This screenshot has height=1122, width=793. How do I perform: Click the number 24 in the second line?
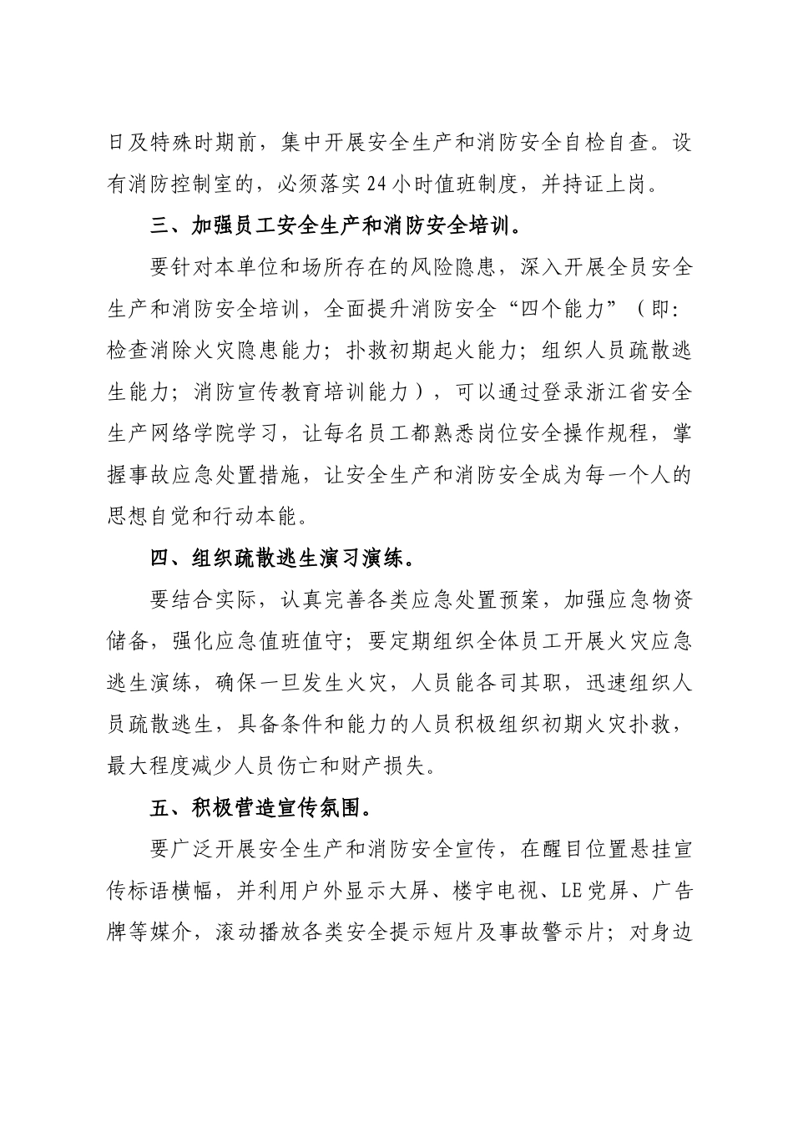379,184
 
